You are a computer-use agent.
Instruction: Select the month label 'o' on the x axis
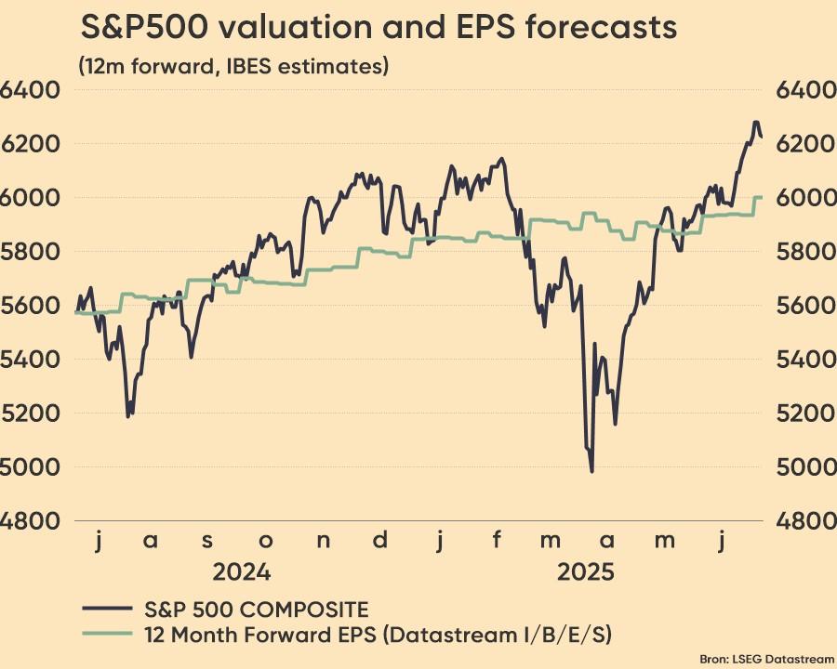266,542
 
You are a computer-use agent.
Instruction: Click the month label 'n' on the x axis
324,542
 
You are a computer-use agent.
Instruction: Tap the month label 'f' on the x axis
498,540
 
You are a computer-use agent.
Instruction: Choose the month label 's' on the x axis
208,542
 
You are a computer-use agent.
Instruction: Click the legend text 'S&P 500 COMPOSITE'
257,610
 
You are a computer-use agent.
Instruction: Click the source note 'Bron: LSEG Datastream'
779,658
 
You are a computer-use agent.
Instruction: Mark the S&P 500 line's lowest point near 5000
591,471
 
